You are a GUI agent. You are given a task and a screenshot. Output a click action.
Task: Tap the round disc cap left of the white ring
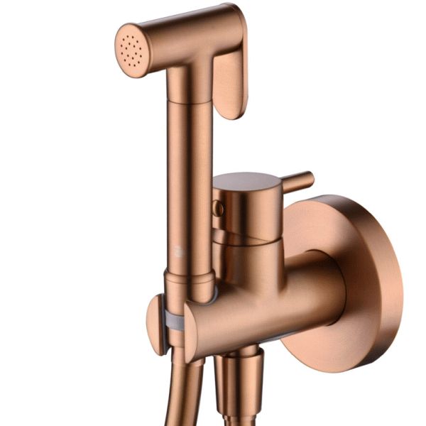pos(155,324)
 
